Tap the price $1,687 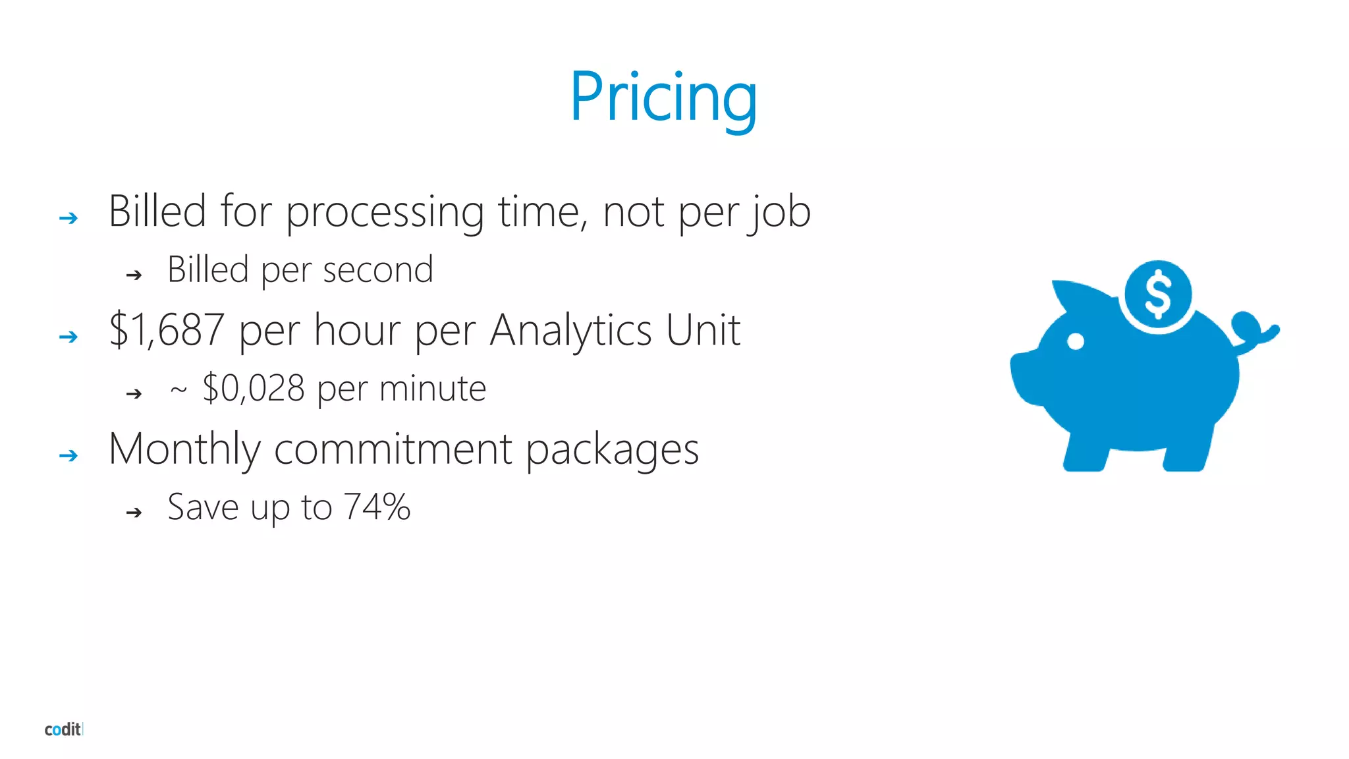tap(166, 329)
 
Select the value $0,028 tap(254, 388)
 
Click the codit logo tap(63, 729)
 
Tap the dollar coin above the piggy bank tap(1158, 295)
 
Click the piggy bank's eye tap(1076, 341)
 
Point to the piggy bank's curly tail tap(1252, 329)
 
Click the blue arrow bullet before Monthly tap(69, 455)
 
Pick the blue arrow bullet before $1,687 tap(69, 337)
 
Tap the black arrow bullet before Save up tap(134, 512)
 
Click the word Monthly tap(184, 450)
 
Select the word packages tap(612, 450)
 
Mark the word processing tap(385, 212)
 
